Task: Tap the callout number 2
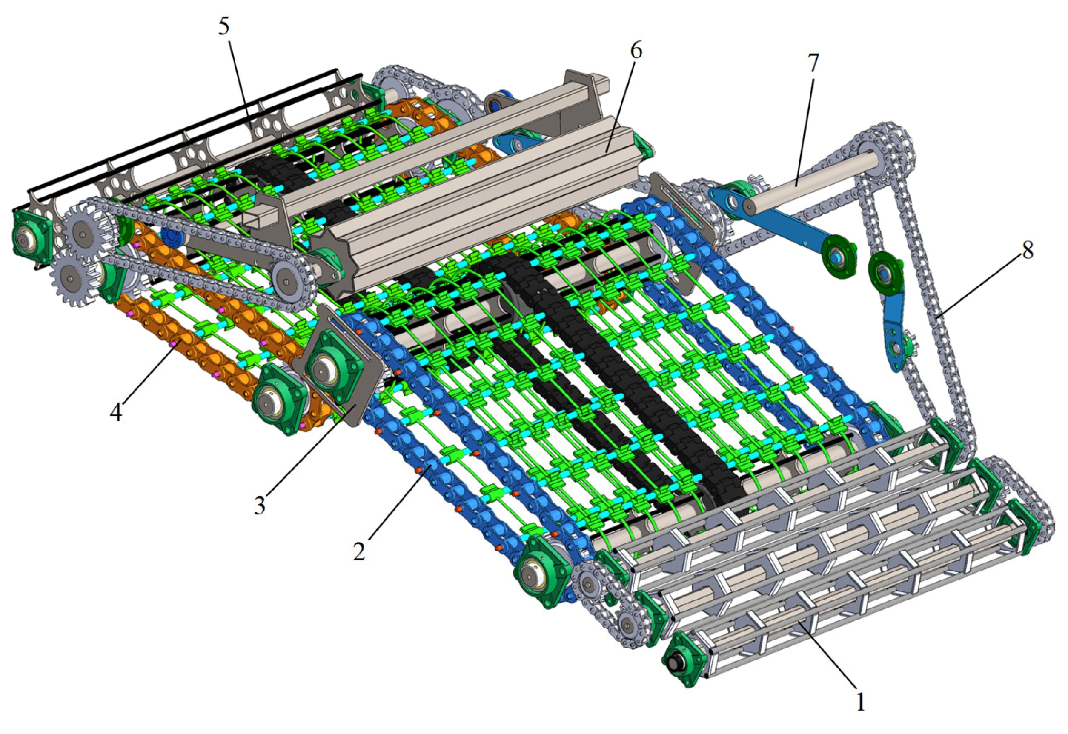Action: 359,551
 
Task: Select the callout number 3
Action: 260,506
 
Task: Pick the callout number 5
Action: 223,27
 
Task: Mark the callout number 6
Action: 636,51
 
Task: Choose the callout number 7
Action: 813,63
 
